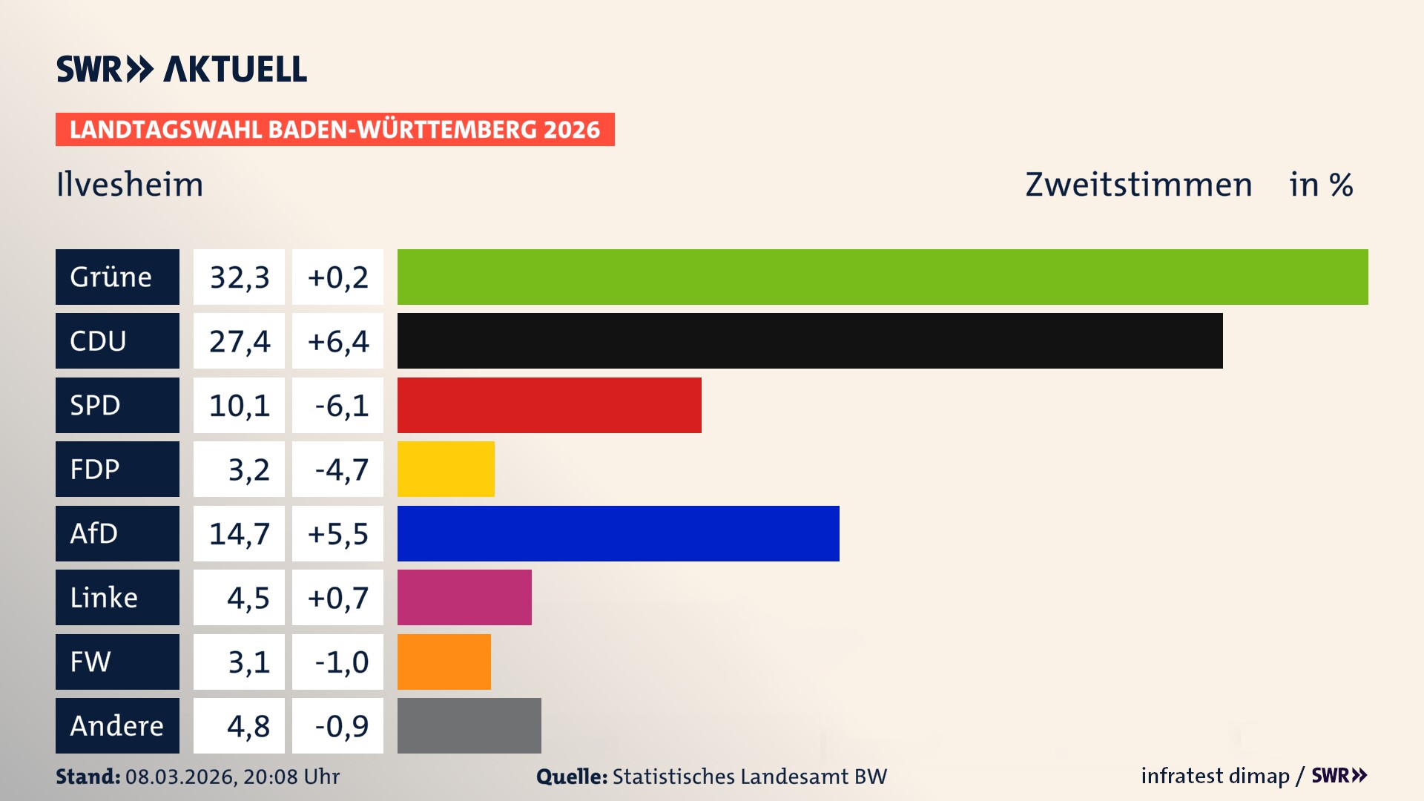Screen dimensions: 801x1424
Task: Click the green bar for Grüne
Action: point(883,277)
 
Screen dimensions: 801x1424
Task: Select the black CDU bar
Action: point(810,340)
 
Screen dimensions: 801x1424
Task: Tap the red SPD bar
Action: point(549,405)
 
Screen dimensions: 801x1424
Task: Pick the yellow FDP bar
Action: point(446,469)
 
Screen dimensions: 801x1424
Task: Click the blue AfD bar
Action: point(618,533)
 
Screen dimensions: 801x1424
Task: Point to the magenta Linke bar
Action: point(464,597)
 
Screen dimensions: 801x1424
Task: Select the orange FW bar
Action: point(444,662)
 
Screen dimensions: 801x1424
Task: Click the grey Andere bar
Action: point(469,725)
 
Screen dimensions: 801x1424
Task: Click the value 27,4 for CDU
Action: point(239,341)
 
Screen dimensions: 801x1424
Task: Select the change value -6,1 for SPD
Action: point(340,406)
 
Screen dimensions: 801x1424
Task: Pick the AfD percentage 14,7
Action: point(239,534)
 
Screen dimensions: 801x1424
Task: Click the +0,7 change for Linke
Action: point(338,598)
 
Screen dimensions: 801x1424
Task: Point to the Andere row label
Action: point(117,725)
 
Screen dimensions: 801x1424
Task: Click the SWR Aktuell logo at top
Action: point(182,69)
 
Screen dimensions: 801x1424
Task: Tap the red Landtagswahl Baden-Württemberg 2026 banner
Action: point(334,129)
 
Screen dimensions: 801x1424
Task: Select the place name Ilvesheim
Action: point(130,185)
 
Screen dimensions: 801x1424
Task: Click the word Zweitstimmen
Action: point(1138,185)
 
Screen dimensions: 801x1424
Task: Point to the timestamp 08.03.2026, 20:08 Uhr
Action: point(232,777)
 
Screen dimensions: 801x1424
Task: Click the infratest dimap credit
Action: point(1215,776)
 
